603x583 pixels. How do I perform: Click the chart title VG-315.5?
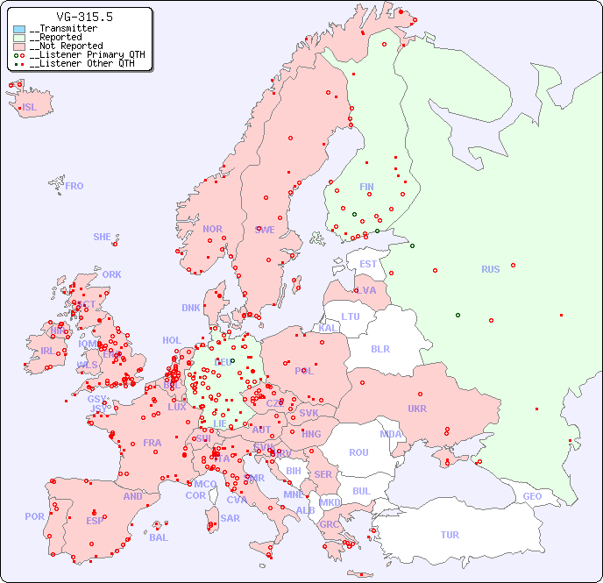tap(84, 17)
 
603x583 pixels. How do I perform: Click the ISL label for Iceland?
tap(30, 108)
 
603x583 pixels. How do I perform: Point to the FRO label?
tap(74, 186)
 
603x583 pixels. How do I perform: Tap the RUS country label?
tap(490, 269)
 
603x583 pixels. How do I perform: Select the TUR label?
tap(450, 535)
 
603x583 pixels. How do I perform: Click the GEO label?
tap(532, 496)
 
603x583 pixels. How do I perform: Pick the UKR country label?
tap(416, 409)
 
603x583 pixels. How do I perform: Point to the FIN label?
tap(366, 187)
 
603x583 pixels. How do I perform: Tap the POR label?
tap(34, 516)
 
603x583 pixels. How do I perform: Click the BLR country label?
tap(380, 348)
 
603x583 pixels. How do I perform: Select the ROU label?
tap(358, 452)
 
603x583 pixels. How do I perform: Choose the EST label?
tap(368, 264)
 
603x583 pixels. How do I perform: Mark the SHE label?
tap(103, 237)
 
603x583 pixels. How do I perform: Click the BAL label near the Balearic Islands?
tap(159, 537)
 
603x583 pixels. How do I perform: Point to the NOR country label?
tap(212, 229)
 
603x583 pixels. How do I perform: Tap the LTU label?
tap(351, 316)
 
